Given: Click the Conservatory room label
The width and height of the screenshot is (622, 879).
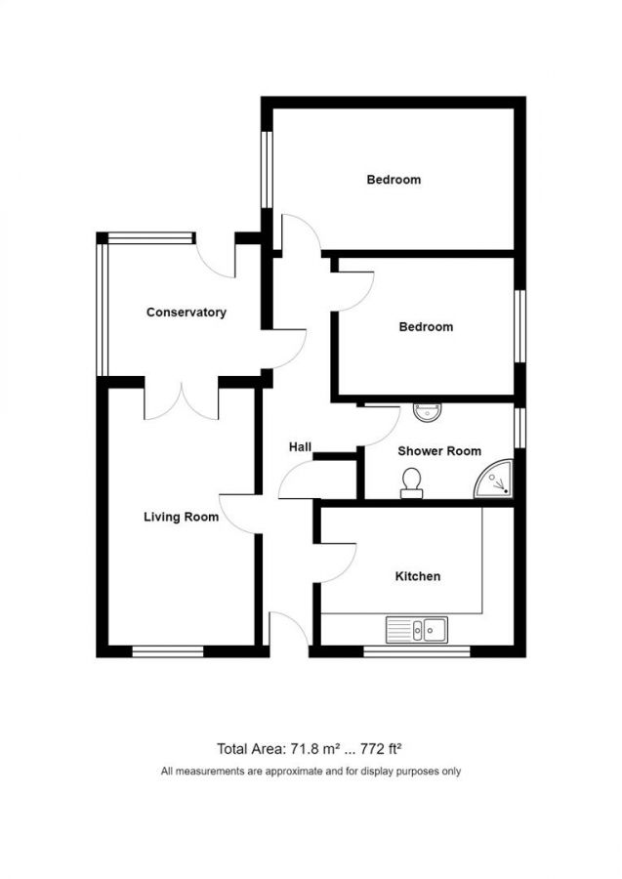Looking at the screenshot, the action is (187, 313).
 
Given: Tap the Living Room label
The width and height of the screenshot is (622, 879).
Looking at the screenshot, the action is (181, 517).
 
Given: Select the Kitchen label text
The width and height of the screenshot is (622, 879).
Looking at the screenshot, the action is (418, 576).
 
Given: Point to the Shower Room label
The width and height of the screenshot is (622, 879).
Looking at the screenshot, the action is (439, 451).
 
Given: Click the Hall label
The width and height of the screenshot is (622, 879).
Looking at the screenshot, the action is (300, 446).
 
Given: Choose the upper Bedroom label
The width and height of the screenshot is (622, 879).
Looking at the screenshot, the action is (394, 180).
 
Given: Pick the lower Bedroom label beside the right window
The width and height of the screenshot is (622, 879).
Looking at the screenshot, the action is (426, 327).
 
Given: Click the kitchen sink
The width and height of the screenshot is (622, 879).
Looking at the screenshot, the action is (416, 630).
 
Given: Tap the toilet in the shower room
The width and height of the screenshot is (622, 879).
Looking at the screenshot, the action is (412, 482).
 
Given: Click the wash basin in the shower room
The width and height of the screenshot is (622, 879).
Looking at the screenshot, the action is (428, 412).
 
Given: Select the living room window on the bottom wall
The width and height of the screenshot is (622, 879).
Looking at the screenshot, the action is (168, 651).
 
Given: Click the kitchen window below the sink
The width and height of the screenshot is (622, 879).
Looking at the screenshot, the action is (416, 651).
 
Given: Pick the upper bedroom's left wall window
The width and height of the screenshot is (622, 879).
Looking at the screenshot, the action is (268, 170).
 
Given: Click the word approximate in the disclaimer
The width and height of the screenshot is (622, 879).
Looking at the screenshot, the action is (295, 772).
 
